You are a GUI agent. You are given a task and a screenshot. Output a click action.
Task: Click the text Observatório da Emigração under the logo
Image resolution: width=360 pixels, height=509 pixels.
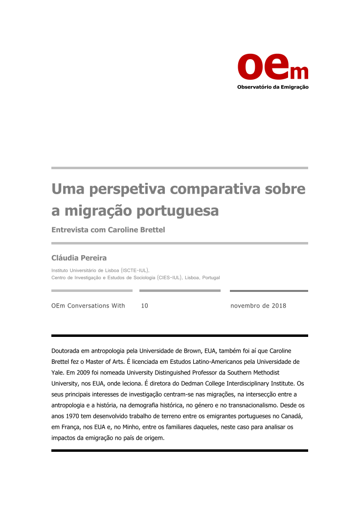click(x=272, y=88)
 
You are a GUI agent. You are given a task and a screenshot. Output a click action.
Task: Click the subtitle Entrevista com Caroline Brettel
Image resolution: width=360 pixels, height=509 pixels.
click(x=108, y=230)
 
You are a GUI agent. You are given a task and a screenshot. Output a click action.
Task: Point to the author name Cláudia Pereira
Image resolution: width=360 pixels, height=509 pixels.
click(x=79, y=258)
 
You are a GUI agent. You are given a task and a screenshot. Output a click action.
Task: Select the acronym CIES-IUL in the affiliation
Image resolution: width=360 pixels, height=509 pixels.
click(x=170, y=278)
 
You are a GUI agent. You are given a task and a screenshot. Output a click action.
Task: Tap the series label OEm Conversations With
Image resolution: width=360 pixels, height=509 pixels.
click(x=88, y=306)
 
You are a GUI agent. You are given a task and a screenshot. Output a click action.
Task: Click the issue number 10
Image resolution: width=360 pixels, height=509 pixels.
click(x=144, y=306)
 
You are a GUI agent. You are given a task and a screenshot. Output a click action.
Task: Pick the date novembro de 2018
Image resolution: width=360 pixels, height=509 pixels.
click(x=258, y=306)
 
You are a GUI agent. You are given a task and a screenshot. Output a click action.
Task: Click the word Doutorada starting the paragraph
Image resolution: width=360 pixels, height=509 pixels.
click(x=66, y=351)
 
